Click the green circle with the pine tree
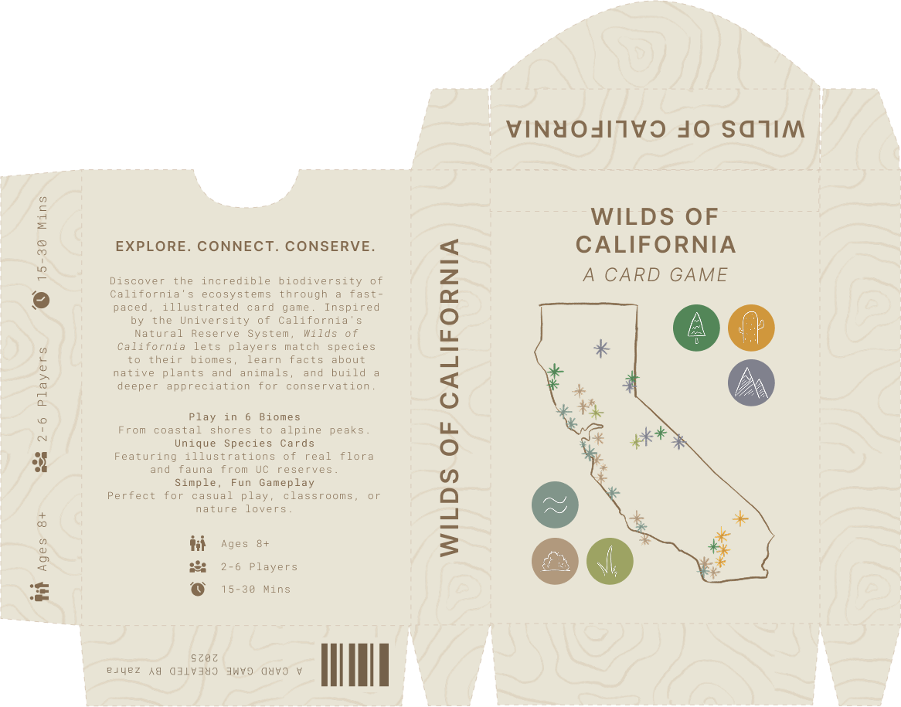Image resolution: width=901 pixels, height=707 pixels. pos(696,328)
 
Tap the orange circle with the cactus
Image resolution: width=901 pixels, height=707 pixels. pos(751,328)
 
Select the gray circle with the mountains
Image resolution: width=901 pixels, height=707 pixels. pos(751,382)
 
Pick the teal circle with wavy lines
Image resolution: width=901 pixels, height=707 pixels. pos(555,505)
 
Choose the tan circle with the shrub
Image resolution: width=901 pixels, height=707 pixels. pos(555,561)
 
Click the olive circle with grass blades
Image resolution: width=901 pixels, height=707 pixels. pos(610,561)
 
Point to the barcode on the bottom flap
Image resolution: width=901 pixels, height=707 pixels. pos(355,664)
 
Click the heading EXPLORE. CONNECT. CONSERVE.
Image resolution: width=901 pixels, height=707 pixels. pos(245,247)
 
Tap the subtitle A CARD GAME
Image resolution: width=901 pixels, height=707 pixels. pos(655,275)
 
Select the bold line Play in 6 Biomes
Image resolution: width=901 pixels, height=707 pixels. pos(245,417)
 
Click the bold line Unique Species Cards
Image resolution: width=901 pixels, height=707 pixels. pos(245,444)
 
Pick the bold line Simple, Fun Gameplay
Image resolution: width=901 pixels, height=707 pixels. pos(245,483)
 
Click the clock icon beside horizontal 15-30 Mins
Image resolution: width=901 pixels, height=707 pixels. pos(198,589)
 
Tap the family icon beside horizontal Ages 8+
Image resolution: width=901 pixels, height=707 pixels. pos(198,543)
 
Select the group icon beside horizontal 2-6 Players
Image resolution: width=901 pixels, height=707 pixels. pos(198,566)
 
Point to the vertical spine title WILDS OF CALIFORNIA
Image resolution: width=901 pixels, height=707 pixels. pos(450,398)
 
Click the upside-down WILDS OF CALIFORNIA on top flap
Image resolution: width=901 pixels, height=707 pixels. pos(655,128)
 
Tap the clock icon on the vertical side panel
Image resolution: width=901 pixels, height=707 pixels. pos(41,299)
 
